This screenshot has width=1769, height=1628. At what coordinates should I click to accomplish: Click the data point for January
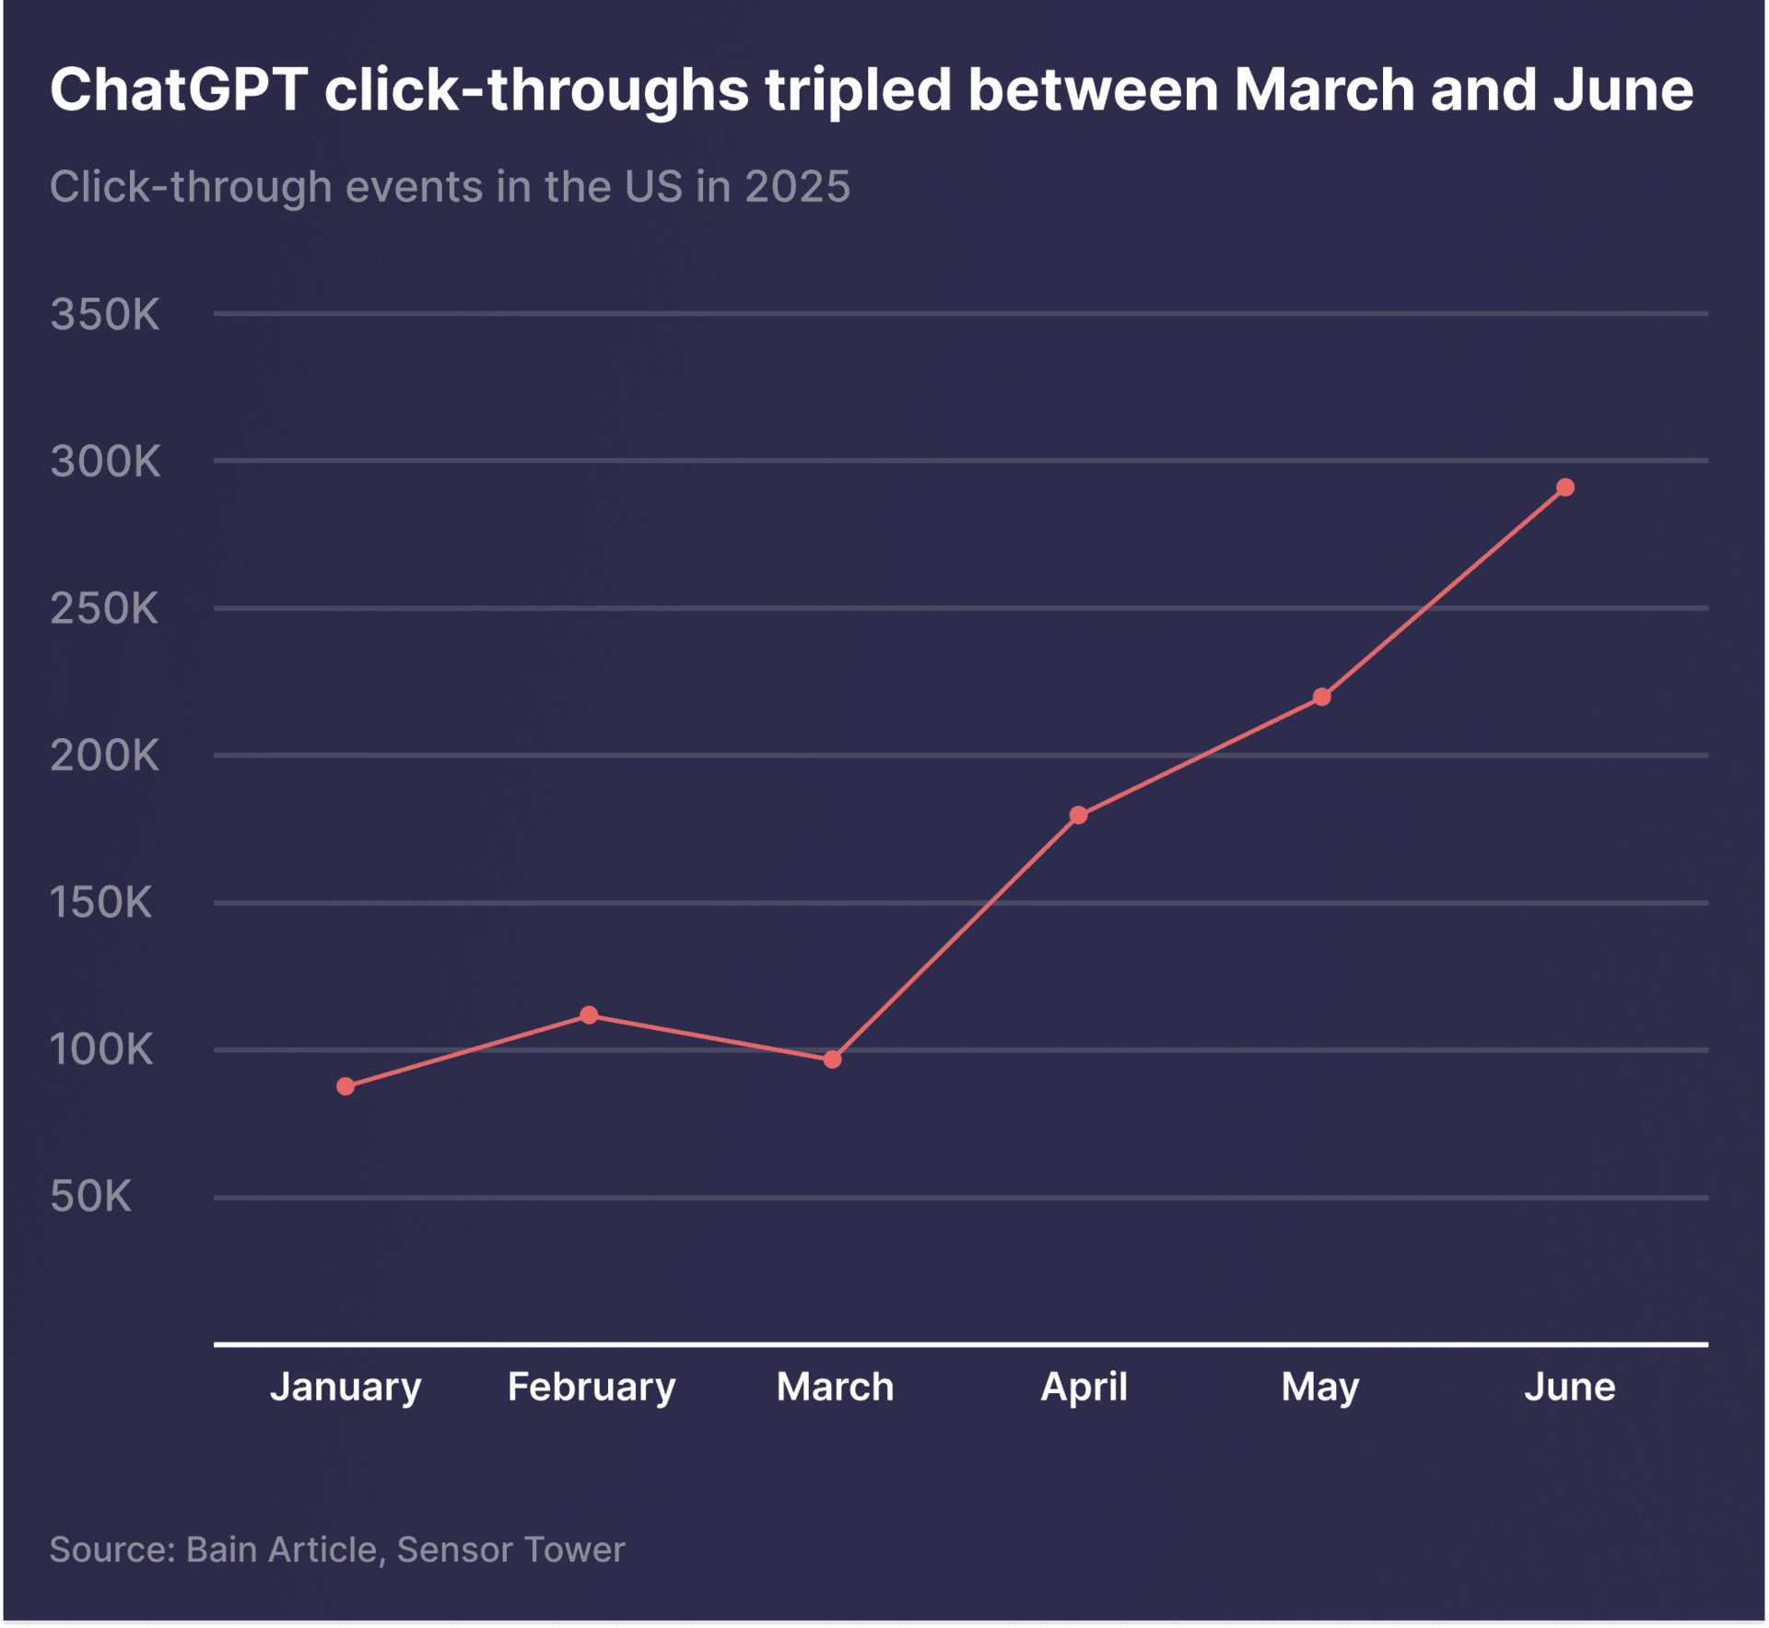[x=346, y=1086]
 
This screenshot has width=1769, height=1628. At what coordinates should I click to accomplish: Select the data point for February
[x=589, y=1015]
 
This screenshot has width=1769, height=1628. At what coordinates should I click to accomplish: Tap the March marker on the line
[x=832, y=1060]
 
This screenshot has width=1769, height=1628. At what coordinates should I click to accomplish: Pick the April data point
[x=1079, y=815]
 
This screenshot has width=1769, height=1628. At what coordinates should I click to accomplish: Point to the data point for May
[x=1322, y=697]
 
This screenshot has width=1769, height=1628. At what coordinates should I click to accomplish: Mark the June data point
[x=1565, y=487]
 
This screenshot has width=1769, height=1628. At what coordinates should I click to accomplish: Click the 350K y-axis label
[x=105, y=315]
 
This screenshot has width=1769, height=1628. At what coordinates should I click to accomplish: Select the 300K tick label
[x=105, y=462]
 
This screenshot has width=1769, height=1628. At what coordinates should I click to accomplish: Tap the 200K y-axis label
[x=105, y=756]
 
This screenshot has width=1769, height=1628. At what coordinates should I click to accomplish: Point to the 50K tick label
[x=90, y=1197]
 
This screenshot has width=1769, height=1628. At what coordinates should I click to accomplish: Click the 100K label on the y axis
[x=101, y=1049]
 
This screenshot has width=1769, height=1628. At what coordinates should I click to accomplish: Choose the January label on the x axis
[x=346, y=1387]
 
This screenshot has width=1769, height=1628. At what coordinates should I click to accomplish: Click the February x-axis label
[x=592, y=1387]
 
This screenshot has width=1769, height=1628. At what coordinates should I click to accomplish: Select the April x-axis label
[x=1084, y=1387]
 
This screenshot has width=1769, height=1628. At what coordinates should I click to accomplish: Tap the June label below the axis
[x=1569, y=1387]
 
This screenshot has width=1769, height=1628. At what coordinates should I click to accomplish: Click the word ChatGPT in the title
[x=179, y=90]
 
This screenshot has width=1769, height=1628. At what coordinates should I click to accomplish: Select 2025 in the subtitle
[x=797, y=187]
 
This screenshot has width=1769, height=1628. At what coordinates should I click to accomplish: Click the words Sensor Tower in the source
[x=510, y=1550]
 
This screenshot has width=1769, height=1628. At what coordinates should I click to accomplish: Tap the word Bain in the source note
[x=222, y=1550]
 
